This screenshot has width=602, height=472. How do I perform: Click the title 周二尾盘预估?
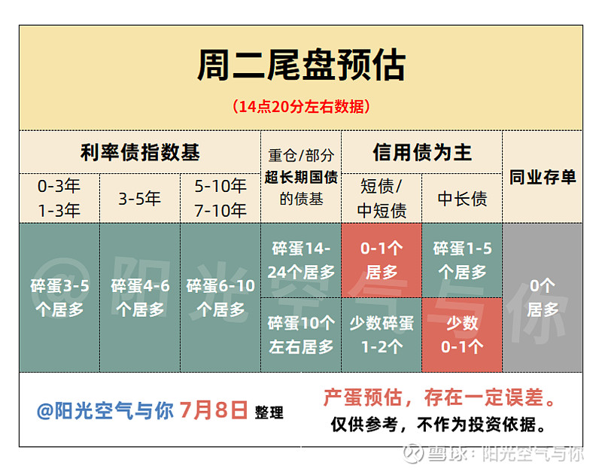[x=300, y=66]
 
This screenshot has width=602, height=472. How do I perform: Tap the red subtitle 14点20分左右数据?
[x=300, y=106]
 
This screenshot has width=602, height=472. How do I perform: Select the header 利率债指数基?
[x=140, y=152]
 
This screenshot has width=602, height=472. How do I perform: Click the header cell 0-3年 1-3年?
[x=59, y=198]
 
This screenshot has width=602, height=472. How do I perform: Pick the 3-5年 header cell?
[x=140, y=199]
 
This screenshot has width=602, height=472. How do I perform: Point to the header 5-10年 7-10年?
[x=220, y=198]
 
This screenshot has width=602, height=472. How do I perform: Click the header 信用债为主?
[x=421, y=152]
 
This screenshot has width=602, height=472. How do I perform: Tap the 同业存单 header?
[x=543, y=177]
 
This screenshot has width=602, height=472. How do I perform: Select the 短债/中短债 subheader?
[x=382, y=198]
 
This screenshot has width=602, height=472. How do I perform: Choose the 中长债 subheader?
[x=462, y=199]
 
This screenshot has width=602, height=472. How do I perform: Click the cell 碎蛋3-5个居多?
[x=59, y=297]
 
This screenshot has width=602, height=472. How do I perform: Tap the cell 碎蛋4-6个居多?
[x=140, y=297]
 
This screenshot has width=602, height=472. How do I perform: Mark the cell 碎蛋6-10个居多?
[x=220, y=297]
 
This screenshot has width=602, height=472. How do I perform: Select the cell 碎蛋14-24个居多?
[x=301, y=260]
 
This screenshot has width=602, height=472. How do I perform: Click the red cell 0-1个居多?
[x=382, y=260]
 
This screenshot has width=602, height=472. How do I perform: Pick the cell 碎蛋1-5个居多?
[x=462, y=260]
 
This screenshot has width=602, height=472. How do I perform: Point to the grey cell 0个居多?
[x=543, y=297]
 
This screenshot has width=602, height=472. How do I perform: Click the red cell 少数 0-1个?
[x=462, y=334]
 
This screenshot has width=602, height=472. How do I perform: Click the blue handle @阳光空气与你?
[x=105, y=411]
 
